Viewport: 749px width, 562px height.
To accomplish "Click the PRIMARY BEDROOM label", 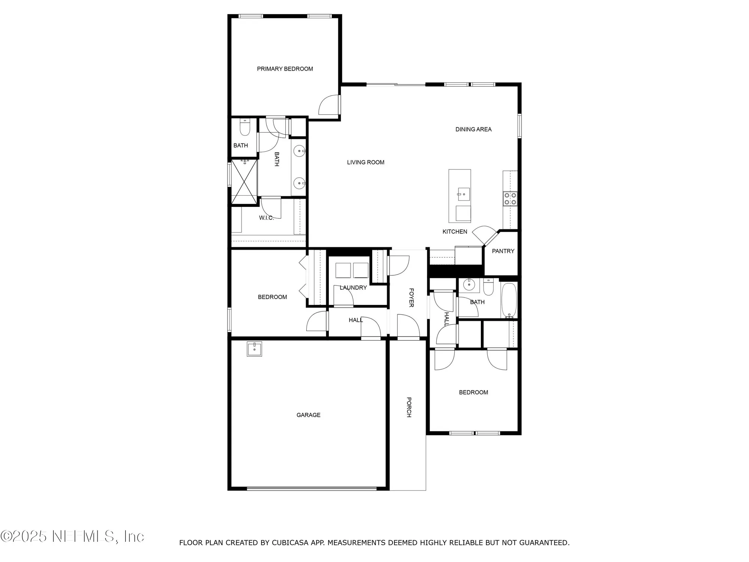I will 285,69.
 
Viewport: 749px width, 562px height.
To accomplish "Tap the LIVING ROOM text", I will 366,162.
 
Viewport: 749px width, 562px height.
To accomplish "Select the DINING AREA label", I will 473,129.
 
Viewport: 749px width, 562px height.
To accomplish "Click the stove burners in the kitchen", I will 510,199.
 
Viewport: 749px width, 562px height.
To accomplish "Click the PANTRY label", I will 503,251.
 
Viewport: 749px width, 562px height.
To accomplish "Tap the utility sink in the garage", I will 254,349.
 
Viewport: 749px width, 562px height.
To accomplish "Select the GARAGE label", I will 308,415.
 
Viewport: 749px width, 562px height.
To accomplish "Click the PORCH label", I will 409,407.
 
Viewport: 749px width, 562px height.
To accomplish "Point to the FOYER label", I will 411,297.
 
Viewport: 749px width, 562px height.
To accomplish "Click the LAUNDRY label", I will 353,288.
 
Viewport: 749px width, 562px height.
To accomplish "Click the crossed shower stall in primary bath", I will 244,182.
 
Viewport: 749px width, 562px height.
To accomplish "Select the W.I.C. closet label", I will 266,218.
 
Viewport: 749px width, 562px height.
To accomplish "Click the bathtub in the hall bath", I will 509,300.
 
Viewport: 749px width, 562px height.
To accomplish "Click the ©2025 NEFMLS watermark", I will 72,537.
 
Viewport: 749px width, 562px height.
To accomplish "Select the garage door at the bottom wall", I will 312,488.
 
